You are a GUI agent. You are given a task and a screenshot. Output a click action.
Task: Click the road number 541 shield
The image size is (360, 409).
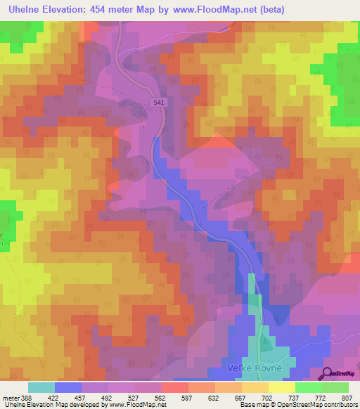click(x=160, y=103)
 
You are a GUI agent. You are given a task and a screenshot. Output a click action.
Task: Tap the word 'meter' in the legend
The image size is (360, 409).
click(x=11, y=397)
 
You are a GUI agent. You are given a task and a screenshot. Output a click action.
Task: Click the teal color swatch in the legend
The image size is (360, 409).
click(x=41, y=387)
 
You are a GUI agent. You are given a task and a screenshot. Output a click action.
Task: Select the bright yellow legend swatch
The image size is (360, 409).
click(x=282, y=387)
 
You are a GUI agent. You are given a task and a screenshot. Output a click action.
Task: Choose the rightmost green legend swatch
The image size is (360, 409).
click(x=335, y=387)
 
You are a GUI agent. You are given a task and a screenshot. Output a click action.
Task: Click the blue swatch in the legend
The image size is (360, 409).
click(x=68, y=387)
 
